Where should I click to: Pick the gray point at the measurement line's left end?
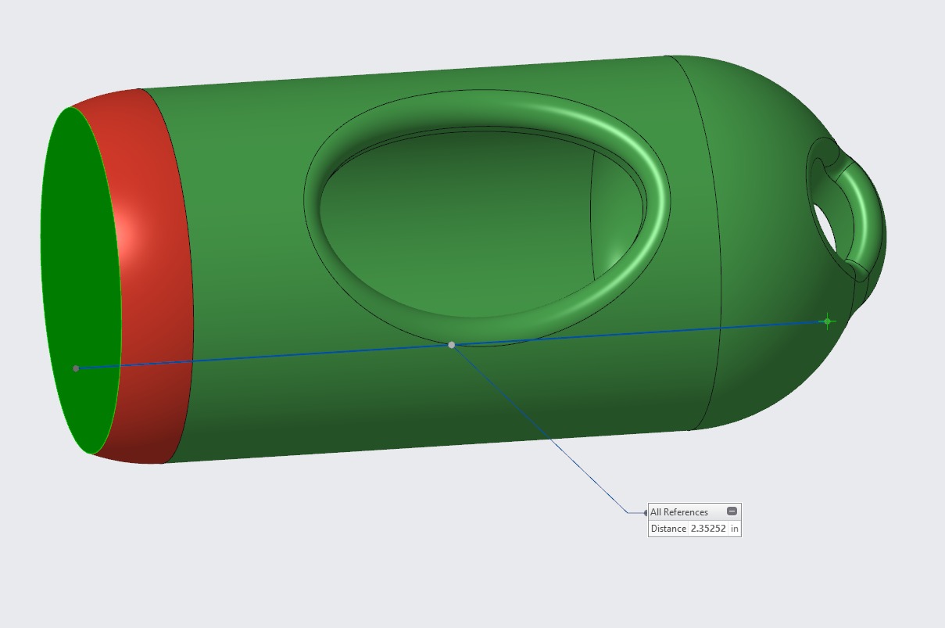click(76, 368)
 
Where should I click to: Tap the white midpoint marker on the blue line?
click(451, 345)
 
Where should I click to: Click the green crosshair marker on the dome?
click(827, 321)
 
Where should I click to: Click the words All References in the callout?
click(678, 512)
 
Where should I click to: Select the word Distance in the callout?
click(668, 529)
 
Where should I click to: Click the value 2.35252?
click(708, 529)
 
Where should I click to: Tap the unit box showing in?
click(734, 529)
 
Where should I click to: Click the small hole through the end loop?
click(824, 227)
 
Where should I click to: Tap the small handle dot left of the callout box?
click(645, 513)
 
